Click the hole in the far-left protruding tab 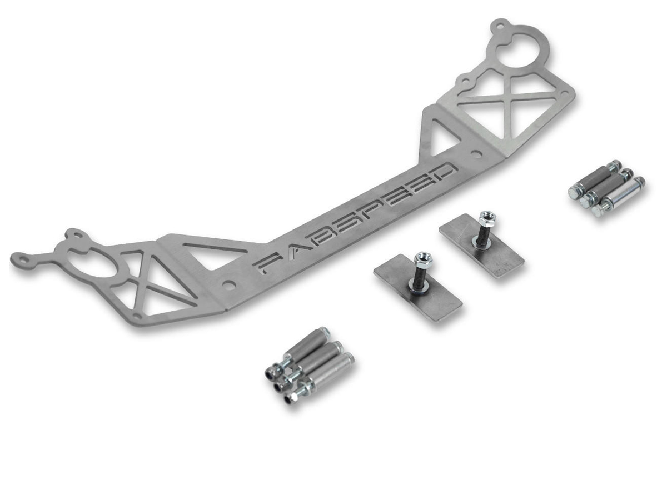[x=23, y=259]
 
